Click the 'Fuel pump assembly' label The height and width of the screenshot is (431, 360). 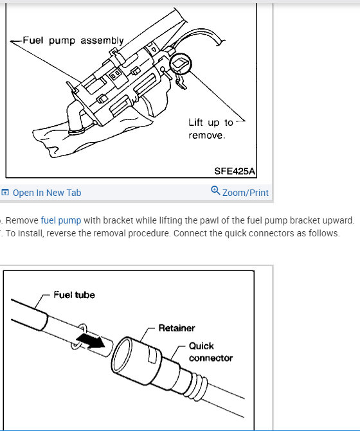[x=73, y=40]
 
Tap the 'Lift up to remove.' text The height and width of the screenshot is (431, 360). [x=210, y=128]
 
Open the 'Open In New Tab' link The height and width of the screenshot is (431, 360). [x=47, y=193]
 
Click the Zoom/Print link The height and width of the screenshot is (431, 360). [x=245, y=193]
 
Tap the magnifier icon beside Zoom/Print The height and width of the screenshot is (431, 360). [x=215, y=191]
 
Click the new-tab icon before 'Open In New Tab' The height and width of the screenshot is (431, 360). [x=5, y=193]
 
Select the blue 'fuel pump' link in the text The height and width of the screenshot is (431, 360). [x=61, y=220]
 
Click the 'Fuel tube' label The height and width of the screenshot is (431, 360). [x=74, y=295]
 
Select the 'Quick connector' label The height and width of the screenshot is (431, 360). [x=210, y=351]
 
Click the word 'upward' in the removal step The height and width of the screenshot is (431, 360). [x=336, y=220]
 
